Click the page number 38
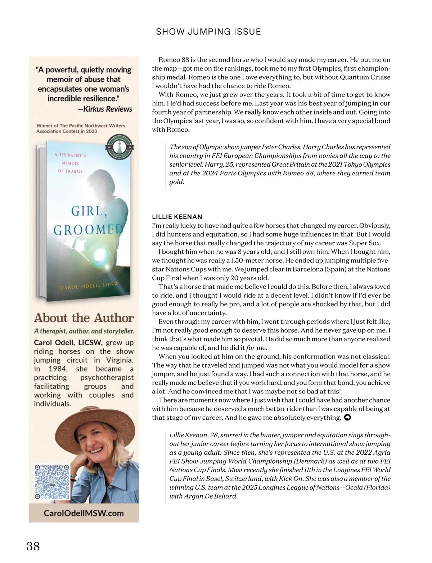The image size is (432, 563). click(33, 546)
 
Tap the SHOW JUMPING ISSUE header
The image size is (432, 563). click(208, 32)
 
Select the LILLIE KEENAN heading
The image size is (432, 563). click(177, 217)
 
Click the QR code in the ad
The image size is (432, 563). click(52, 482)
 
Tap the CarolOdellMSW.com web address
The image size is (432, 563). click(84, 513)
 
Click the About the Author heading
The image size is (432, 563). click(84, 318)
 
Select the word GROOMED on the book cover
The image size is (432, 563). click(88, 229)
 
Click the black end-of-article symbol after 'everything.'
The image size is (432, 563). click(347, 418)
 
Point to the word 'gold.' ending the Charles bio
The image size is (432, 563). click(177, 182)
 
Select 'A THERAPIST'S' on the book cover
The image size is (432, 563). click(70, 155)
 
